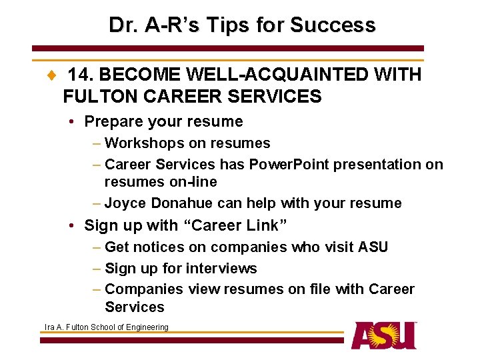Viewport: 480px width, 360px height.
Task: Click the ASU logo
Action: [x=384, y=335]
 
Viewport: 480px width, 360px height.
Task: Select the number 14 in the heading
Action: [x=79, y=75]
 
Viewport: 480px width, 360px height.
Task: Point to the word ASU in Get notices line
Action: [x=373, y=247]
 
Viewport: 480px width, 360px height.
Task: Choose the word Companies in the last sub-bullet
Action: [x=144, y=289]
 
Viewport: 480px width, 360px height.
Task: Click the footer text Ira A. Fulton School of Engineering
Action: [x=107, y=327]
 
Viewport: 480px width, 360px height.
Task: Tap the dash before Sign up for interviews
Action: [x=97, y=269]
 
